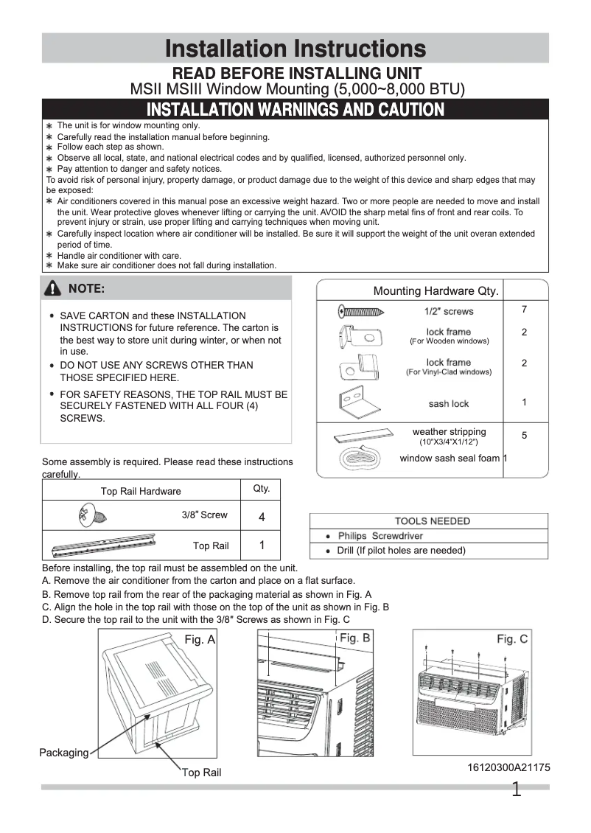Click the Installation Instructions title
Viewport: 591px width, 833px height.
[295, 49]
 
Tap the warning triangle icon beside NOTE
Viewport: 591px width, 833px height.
[52, 288]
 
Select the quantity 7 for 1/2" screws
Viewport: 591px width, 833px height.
[524, 309]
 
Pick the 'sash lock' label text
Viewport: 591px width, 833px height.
[448, 404]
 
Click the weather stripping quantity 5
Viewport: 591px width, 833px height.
[524, 436]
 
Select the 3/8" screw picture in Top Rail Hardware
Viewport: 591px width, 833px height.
[91, 515]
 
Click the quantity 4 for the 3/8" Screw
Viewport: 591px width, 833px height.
[262, 517]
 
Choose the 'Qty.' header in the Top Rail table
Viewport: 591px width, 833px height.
[262, 489]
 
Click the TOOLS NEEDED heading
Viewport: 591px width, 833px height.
[432, 521]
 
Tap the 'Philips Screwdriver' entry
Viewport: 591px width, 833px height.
[377, 536]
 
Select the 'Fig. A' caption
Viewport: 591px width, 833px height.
[199, 640]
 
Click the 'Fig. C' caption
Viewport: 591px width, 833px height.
[511, 639]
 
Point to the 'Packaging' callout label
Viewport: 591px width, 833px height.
[63, 753]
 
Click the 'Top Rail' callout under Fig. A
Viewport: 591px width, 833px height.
[202, 773]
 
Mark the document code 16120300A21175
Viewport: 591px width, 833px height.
[508, 767]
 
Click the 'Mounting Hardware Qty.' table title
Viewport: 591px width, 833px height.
[436, 291]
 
